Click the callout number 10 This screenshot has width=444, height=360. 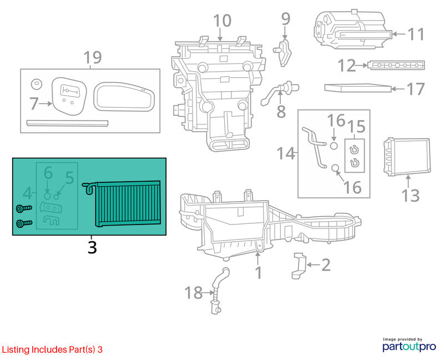tap(223, 21)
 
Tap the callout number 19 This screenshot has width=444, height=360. tap(93, 57)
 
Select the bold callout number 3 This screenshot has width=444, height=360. tap(92, 247)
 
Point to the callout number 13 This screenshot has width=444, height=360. tap(411, 196)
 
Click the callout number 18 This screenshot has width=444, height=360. tap(194, 293)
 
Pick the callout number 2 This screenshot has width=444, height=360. tap(326, 265)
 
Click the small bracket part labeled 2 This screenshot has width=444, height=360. tap(299, 265)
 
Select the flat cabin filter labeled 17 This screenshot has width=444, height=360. tap(358, 88)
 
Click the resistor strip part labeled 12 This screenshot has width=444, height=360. tap(396, 65)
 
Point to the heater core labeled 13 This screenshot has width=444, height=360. tap(407, 157)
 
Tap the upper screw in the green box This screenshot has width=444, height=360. tap(24, 209)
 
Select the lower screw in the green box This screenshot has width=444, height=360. tap(24, 224)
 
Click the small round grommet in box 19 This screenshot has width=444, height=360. tap(37, 84)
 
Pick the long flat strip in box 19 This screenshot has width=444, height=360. tap(67, 123)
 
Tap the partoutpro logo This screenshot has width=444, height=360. tap(409, 344)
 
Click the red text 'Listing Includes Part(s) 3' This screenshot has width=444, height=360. tap(52, 349)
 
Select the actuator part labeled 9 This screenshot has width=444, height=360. tap(283, 53)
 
